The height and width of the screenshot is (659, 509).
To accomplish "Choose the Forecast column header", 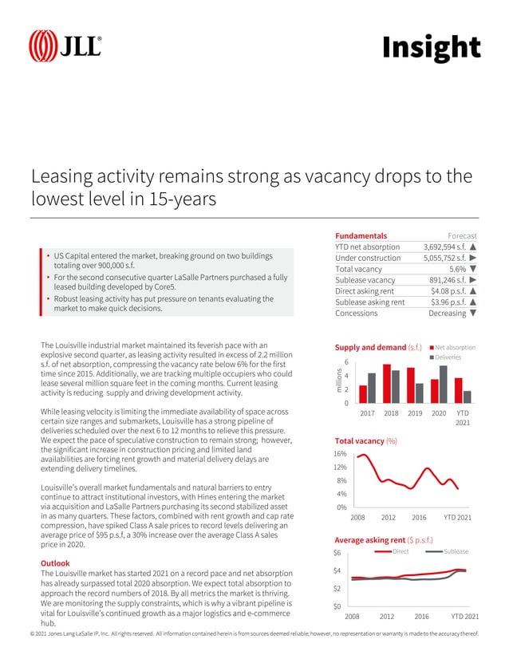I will (x=462, y=236).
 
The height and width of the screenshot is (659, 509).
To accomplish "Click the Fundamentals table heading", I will (x=361, y=236).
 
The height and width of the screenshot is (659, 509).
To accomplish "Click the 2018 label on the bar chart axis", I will (x=391, y=413).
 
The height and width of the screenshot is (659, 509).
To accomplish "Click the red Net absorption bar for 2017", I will (x=363, y=393).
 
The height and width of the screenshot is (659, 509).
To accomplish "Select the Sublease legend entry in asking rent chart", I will (x=450, y=551).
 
